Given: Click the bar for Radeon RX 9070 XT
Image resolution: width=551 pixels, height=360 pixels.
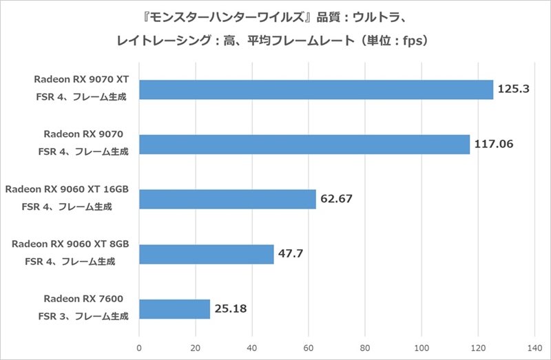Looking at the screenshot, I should point(316,89).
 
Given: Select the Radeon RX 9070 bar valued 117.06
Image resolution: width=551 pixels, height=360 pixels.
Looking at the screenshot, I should point(304,145).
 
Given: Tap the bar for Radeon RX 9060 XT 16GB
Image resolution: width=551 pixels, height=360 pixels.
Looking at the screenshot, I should point(227,199).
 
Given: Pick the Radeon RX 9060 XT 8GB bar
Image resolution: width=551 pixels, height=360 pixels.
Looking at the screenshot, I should point(207,254).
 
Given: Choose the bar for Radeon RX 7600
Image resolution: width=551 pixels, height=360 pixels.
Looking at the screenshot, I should point(174,309).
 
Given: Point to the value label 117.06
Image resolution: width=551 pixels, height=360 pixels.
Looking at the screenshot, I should point(493,145).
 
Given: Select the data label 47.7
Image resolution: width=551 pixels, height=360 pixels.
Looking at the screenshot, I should point(291,254).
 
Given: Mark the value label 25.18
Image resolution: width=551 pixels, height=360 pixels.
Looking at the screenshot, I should point(231,309).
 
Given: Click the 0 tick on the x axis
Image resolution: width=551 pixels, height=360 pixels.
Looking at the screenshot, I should point(140,346).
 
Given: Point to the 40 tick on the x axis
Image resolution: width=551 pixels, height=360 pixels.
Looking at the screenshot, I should point(252,346).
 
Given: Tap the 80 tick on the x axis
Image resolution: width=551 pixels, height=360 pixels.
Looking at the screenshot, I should point(365,346).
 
